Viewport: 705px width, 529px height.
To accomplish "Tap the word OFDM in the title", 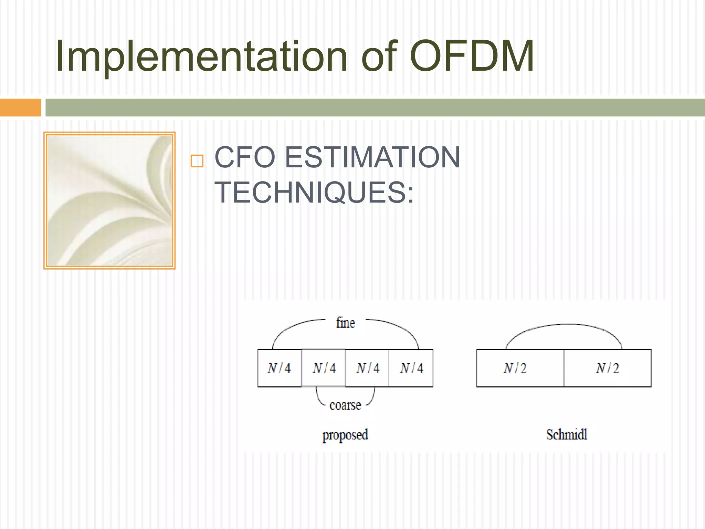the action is pos(472,56).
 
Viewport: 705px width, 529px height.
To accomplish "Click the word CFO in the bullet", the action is pos(245,157).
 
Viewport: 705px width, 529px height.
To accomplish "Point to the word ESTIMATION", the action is pos(373,157).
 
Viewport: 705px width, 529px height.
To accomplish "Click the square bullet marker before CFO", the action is pos(197,161).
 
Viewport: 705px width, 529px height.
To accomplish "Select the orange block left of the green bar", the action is pos(21,107).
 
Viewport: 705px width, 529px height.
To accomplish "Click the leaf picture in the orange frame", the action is pos(109,200).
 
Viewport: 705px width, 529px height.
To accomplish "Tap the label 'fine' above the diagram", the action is pos(345,323).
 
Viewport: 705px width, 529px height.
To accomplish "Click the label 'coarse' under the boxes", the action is pos(345,405).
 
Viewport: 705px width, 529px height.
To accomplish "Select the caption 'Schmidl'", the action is pos(567,434).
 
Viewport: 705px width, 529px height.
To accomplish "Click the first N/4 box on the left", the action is pos(280,368).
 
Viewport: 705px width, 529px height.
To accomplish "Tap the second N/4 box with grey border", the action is pos(324,368).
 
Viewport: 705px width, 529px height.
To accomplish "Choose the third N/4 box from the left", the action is pos(367,368).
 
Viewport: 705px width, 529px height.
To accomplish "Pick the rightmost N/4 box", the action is pos(411,368).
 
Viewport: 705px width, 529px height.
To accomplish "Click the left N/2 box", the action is pos(520,368).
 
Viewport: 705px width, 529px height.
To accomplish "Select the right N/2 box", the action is pos(608,368).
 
